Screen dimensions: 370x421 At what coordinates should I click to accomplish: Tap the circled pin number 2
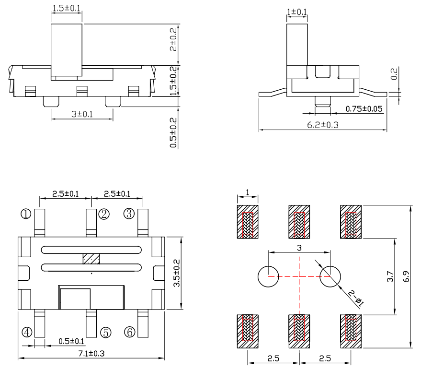[104, 214]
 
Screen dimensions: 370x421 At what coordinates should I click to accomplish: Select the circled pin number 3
[128, 214]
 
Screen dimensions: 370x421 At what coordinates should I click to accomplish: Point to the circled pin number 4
[27, 332]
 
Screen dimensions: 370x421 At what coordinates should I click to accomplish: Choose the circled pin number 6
[129, 332]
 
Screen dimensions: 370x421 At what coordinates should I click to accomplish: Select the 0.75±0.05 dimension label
[364, 109]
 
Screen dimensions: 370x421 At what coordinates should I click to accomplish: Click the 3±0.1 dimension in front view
[82, 114]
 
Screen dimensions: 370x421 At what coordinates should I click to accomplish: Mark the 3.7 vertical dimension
[389, 276]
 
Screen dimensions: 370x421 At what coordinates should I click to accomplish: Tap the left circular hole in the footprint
[268, 276]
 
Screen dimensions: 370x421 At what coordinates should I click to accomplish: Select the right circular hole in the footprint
[330, 276]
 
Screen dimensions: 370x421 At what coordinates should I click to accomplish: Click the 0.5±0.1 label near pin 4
[71, 341]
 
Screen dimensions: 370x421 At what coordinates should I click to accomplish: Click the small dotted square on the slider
[91, 259]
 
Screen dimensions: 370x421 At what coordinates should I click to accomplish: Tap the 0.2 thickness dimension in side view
[394, 74]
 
